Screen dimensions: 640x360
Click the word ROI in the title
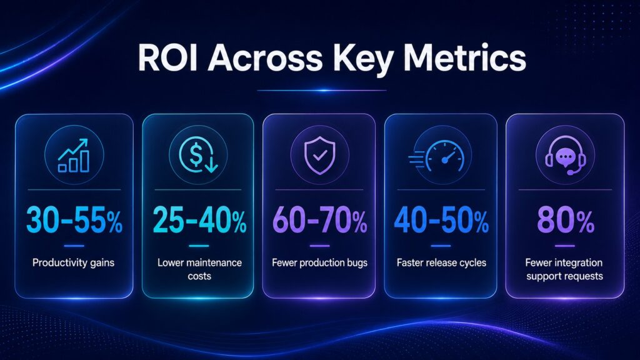(x=167, y=57)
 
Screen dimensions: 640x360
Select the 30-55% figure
(x=74, y=220)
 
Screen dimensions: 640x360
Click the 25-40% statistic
(x=199, y=220)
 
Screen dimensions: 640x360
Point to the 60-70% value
(x=319, y=220)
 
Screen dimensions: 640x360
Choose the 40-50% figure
(x=441, y=220)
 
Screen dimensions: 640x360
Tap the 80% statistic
(x=565, y=220)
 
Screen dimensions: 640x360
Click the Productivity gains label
(x=74, y=263)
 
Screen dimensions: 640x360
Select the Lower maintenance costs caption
(x=199, y=269)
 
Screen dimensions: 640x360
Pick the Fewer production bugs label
(x=319, y=263)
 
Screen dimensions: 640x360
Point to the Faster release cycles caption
(x=441, y=263)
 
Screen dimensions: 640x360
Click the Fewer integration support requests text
(x=564, y=269)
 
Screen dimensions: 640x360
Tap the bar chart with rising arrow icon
(x=74, y=156)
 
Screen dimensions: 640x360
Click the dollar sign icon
(x=198, y=155)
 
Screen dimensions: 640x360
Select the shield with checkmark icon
(x=320, y=156)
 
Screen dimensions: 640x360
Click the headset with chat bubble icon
(x=566, y=156)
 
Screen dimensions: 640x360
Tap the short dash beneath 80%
(x=565, y=246)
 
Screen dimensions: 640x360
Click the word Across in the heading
(x=265, y=57)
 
